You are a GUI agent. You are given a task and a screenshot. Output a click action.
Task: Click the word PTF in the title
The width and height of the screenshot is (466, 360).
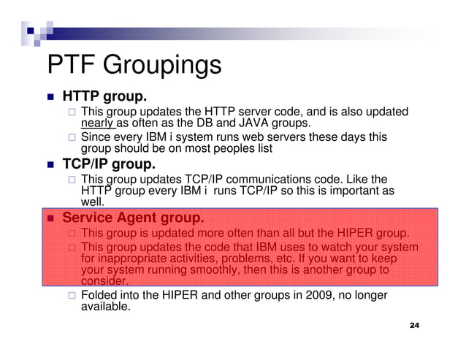pyautogui.click(x=71, y=65)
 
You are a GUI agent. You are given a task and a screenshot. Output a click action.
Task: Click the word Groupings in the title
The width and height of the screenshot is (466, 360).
pyautogui.click(x=161, y=66)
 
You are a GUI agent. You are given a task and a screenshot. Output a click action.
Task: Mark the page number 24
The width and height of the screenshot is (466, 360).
pyautogui.click(x=415, y=324)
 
